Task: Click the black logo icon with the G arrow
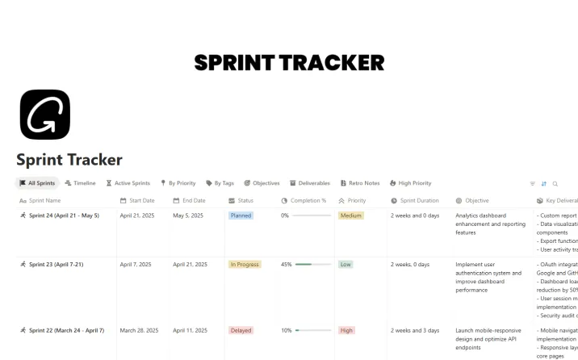(44, 115)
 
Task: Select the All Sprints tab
(37, 183)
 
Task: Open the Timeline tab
(80, 183)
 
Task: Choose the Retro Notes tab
(360, 183)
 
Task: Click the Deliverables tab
(310, 183)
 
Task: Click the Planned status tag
(241, 216)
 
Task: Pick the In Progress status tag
(245, 264)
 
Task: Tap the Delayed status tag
(241, 330)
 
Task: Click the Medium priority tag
(350, 216)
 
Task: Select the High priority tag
(346, 330)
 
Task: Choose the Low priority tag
(346, 264)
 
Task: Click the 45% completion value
(286, 264)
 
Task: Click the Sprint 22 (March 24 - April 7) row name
(66, 330)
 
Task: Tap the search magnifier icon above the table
(555, 184)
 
